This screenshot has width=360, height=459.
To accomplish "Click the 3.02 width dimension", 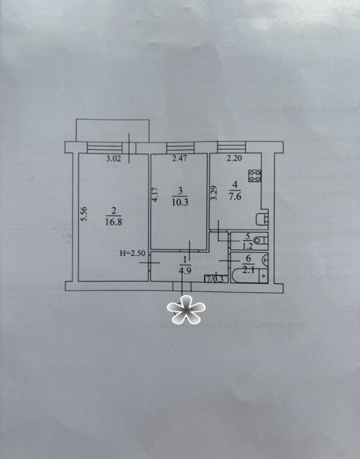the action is click(x=113, y=159).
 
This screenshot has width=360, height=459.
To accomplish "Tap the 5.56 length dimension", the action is click(x=84, y=214).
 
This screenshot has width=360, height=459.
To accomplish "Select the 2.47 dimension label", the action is click(x=179, y=159).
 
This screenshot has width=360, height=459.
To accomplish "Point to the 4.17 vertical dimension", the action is click(x=156, y=195).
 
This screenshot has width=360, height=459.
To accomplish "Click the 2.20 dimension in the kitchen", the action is click(x=234, y=159).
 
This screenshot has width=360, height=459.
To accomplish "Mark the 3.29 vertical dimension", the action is click(x=214, y=193).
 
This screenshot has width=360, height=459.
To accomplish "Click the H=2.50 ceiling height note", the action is click(x=132, y=253).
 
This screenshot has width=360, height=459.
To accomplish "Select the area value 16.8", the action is click(x=114, y=222).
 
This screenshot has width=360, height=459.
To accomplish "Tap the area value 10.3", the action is click(x=180, y=203).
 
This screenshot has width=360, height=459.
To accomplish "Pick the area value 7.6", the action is click(x=235, y=196).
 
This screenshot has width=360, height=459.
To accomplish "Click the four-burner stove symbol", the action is click(x=255, y=176).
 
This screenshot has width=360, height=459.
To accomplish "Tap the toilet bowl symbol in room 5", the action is click(x=261, y=241).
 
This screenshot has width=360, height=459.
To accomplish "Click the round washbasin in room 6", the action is click(x=265, y=259).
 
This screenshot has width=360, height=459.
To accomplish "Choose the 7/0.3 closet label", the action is click(x=216, y=279).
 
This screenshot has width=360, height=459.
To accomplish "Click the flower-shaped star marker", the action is click(x=186, y=310).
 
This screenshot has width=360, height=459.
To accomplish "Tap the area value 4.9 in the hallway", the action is click(x=185, y=271).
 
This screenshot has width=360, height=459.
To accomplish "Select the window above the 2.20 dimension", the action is click(x=231, y=147).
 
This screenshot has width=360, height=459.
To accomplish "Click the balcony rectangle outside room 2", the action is click(x=113, y=130).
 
